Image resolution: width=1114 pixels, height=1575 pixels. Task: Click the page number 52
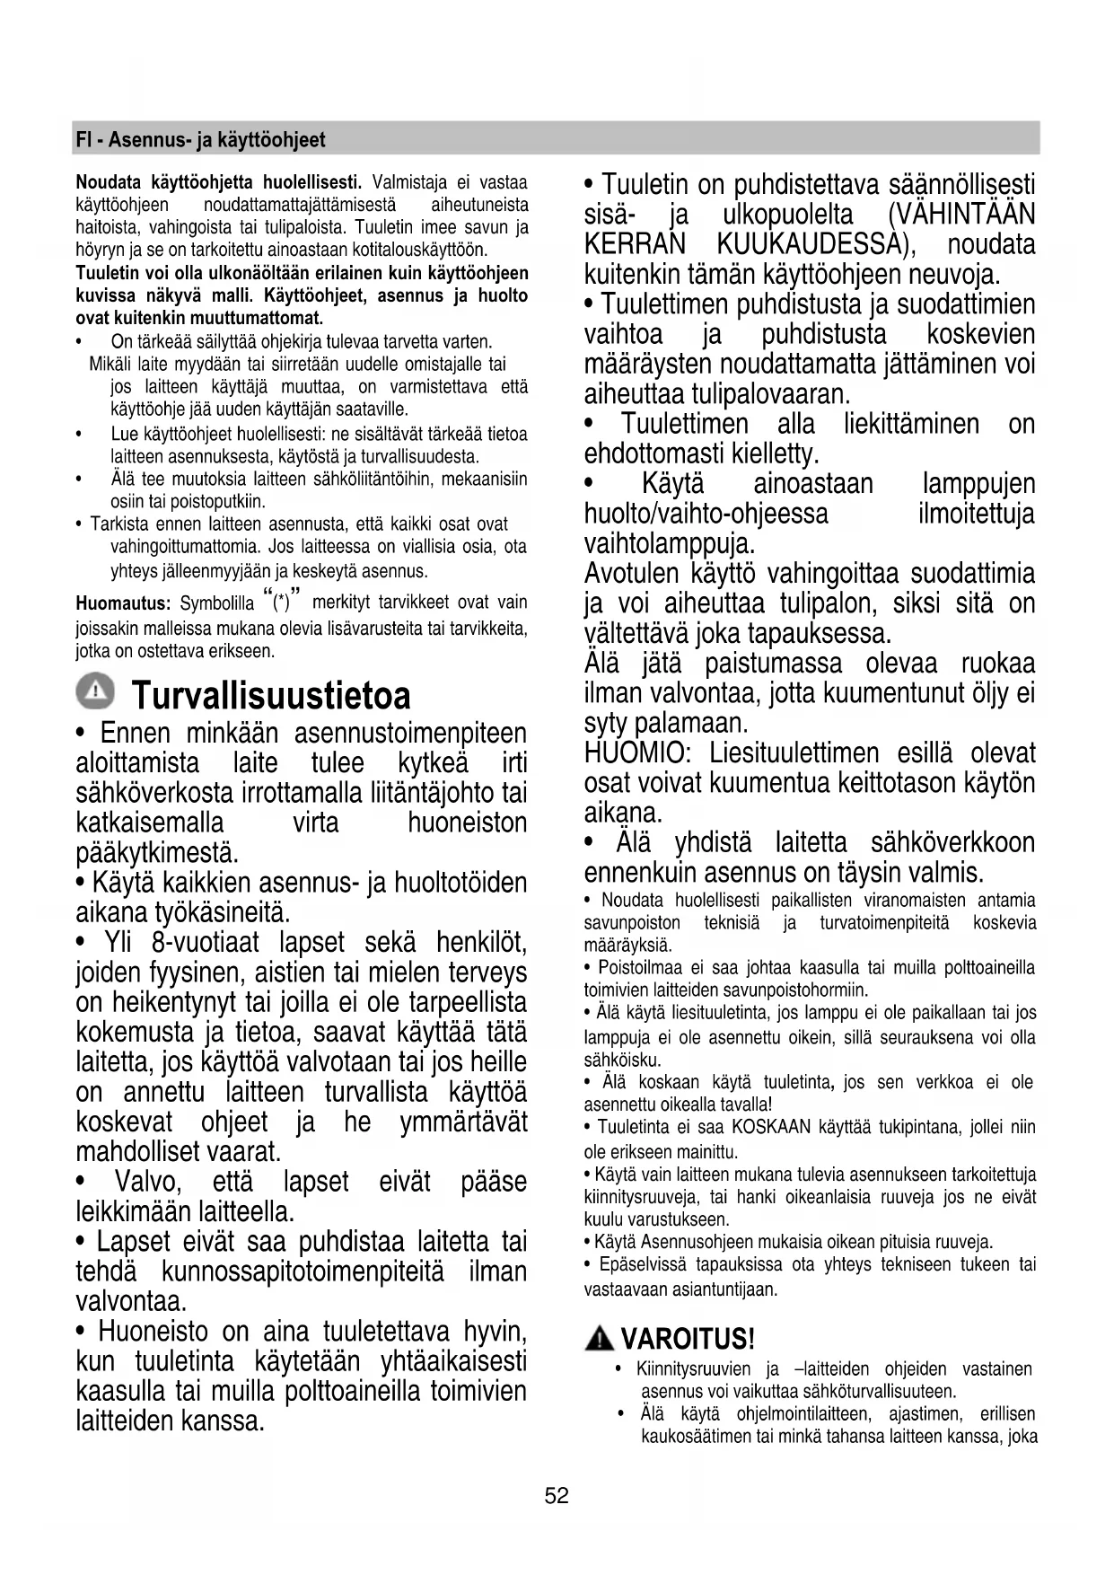[x=557, y=1495]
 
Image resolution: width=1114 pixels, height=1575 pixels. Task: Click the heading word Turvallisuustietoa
[x=271, y=696]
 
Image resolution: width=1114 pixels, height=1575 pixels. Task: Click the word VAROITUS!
[x=687, y=1340]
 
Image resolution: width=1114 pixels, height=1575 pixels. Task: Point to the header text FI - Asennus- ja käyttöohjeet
[x=200, y=140]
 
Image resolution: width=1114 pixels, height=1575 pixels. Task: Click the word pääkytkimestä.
[x=157, y=851]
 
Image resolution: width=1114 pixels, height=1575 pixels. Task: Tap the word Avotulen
[x=632, y=574]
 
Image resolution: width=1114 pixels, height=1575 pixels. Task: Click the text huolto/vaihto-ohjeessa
[x=706, y=515]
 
